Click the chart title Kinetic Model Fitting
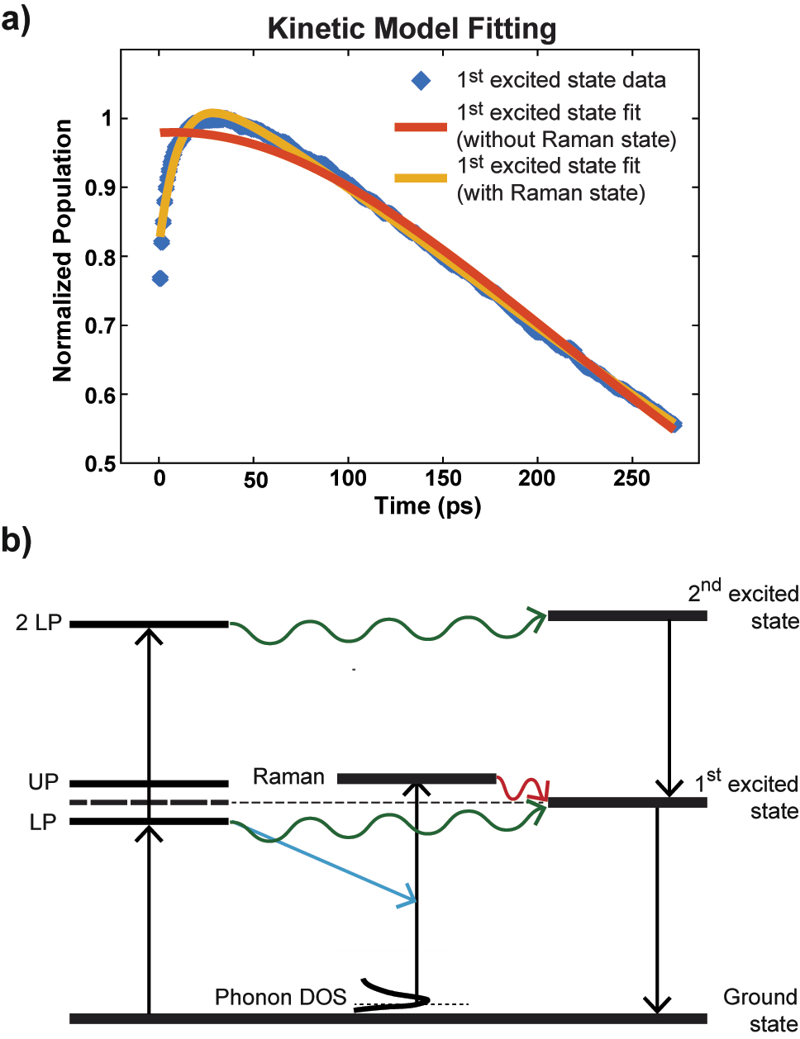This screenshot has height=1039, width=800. point(412,29)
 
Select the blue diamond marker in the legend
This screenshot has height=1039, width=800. point(421,81)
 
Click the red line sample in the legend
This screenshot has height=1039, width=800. point(421,127)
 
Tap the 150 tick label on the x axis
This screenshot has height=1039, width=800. point(443,478)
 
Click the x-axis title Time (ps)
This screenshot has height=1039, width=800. point(427,505)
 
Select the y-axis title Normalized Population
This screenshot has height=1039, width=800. point(63,250)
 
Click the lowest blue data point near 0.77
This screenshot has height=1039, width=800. point(160,278)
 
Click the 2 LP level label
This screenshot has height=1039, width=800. point(39,623)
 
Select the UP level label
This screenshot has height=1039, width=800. point(43,782)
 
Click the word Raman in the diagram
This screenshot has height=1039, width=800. point(288,777)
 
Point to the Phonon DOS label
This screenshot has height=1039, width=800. point(280,998)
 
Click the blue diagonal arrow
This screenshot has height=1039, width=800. point(331,864)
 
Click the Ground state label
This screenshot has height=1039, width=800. point(760,1010)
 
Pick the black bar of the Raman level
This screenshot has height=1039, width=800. point(417,778)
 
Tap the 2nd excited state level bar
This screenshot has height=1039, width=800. point(627,615)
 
